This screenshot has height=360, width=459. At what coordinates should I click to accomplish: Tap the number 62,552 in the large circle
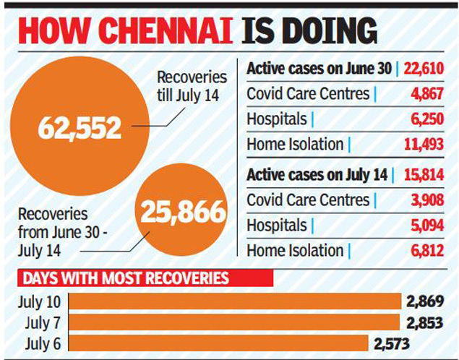(x=80, y=128)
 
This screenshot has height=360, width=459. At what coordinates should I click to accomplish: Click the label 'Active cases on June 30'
(x=318, y=69)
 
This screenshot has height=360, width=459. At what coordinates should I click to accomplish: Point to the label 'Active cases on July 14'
(x=317, y=174)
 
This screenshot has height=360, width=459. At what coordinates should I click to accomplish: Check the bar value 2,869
(x=426, y=301)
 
